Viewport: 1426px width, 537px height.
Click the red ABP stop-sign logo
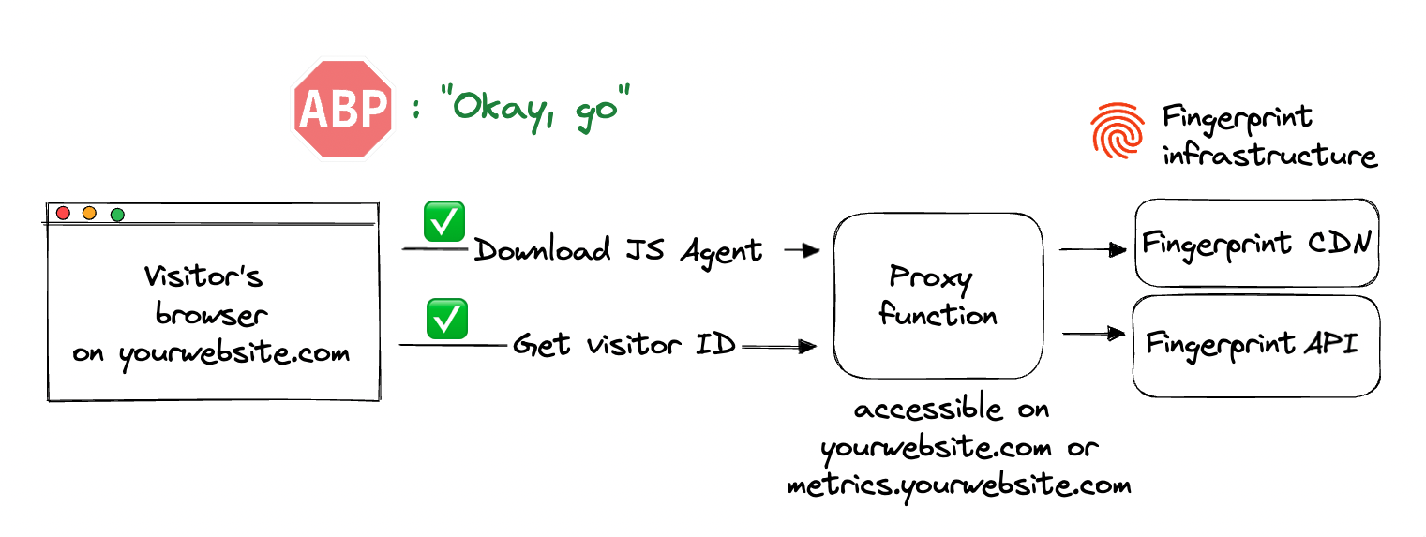342,109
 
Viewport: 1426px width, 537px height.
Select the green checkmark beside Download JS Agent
444,221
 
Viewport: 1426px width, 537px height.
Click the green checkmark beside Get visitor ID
447,319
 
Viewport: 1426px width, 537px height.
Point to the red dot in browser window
63,214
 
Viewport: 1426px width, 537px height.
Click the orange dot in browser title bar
90,214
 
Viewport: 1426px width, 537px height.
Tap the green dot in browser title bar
117,215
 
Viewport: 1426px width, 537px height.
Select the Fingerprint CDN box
1256,243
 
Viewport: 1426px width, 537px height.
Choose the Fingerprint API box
1256,346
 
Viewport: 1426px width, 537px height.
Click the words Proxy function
938,295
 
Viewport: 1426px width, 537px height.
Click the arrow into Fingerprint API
1092,333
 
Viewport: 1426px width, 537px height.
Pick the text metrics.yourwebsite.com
958,485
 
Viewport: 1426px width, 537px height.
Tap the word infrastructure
1270,154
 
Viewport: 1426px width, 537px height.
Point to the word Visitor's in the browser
203,277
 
